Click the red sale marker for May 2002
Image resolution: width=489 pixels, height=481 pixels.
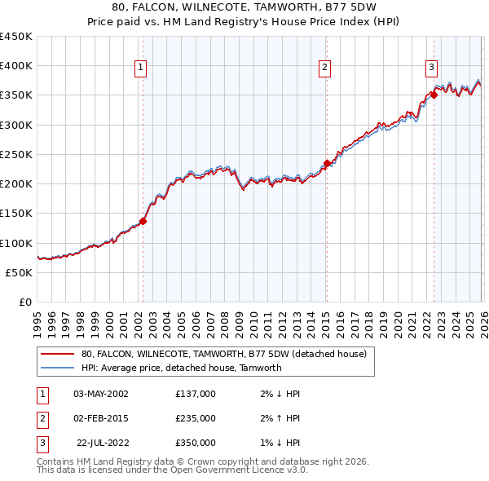(143, 221)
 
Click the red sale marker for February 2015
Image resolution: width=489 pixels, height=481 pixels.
(327, 163)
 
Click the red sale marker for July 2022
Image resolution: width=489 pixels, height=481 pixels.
(434, 95)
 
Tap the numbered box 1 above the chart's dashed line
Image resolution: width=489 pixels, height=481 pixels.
(141, 68)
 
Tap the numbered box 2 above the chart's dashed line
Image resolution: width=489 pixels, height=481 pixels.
(324, 68)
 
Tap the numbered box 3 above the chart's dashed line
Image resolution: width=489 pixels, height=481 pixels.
(431, 68)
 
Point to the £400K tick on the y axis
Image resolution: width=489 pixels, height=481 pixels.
(16, 66)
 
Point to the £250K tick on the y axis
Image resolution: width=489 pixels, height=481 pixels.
(16, 154)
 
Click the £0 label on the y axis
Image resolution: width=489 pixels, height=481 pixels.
(24, 302)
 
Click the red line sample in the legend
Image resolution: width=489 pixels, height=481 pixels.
(57, 354)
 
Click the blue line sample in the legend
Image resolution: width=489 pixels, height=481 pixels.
(57, 368)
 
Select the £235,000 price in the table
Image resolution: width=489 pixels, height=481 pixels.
(196, 418)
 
